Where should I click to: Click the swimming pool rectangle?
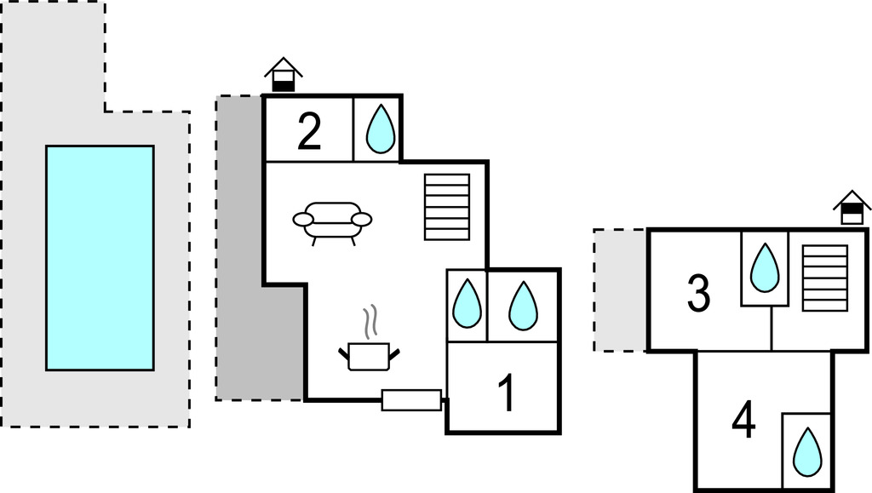coord(100,257)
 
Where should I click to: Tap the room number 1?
coord(507,394)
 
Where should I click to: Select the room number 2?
coord(309,133)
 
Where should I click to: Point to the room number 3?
coord(698,294)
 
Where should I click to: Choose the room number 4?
coord(743,421)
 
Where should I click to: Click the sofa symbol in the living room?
coord(332,221)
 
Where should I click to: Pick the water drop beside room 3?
coord(764,267)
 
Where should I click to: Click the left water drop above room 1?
coord(467,304)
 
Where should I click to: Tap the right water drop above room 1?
coord(523,305)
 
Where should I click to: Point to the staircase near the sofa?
coord(447,207)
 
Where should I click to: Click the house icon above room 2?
coord(284,75)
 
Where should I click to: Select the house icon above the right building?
coord(852,207)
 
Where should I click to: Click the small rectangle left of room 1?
coord(411,399)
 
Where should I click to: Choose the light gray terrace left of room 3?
coord(620,290)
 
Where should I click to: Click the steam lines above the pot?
coord(370,323)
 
